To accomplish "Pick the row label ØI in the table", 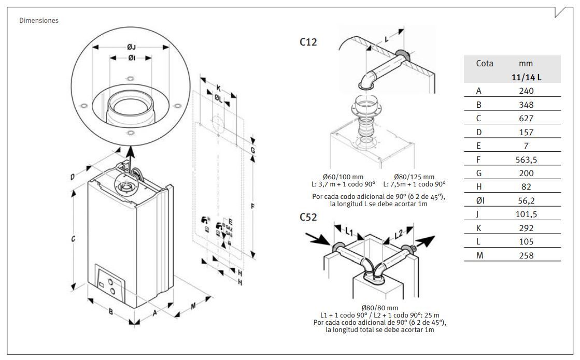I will [x=480, y=200].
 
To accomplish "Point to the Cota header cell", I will [x=484, y=64].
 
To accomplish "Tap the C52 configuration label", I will [x=309, y=217].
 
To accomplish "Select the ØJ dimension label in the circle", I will [x=131, y=47].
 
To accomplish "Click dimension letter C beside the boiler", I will [x=74, y=239].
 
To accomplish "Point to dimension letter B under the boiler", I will [x=110, y=312].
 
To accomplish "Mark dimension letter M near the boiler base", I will [x=193, y=306].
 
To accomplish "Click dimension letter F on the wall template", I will [x=253, y=206].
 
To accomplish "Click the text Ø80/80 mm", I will [x=379, y=308].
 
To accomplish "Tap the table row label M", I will [x=480, y=255].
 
